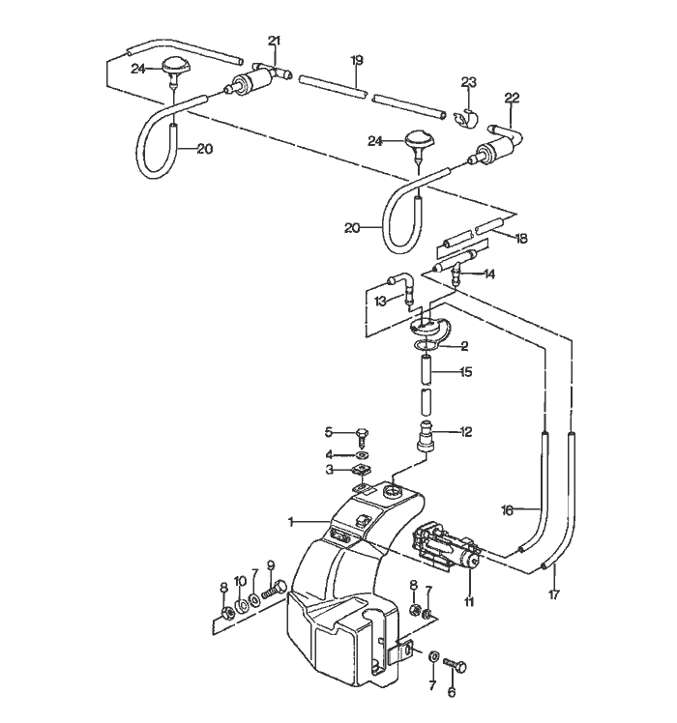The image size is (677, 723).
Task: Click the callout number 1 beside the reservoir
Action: (289, 522)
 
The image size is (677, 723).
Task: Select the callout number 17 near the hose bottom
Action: (555, 596)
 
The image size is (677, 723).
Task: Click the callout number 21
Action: (274, 40)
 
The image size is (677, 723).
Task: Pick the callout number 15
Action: (466, 371)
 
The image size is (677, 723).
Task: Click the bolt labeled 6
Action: (458, 667)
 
